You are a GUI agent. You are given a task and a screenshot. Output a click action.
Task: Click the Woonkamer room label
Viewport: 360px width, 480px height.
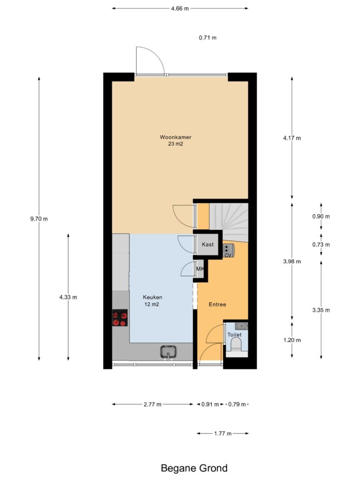(175, 137)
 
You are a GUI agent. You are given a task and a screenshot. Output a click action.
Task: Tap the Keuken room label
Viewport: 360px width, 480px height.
(153, 297)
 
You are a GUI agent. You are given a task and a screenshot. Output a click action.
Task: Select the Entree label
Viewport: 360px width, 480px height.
(217, 304)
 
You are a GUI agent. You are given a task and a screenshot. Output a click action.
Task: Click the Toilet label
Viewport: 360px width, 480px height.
(234, 335)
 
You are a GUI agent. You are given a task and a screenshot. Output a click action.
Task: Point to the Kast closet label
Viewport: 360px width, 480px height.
(207, 244)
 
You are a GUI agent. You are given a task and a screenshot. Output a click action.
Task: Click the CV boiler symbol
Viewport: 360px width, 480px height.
(229, 251)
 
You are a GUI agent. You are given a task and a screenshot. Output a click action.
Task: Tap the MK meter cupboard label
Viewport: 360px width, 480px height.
(200, 269)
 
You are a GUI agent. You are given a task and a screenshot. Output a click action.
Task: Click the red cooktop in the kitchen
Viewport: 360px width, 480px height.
(120, 318)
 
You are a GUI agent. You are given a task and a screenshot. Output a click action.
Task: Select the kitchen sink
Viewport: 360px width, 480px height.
(168, 352)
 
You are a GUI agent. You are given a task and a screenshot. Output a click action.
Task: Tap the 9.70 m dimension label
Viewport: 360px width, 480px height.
(39, 219)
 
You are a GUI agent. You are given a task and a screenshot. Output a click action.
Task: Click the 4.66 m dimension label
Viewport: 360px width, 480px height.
(180, 9)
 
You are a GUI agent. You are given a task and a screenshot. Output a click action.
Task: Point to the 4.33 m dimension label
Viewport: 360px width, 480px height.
(68, 297)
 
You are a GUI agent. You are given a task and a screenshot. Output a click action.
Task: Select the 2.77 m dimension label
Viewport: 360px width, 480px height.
(153, 404)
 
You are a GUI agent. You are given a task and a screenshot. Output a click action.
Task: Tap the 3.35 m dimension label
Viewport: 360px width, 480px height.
(321, 310)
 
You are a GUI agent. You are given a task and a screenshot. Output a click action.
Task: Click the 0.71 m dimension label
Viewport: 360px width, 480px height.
(207, 38)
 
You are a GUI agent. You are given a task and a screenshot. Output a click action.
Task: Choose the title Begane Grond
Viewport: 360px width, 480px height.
(194, 468)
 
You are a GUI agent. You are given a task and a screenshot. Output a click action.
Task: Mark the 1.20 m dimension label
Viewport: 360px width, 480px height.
(292, 340)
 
